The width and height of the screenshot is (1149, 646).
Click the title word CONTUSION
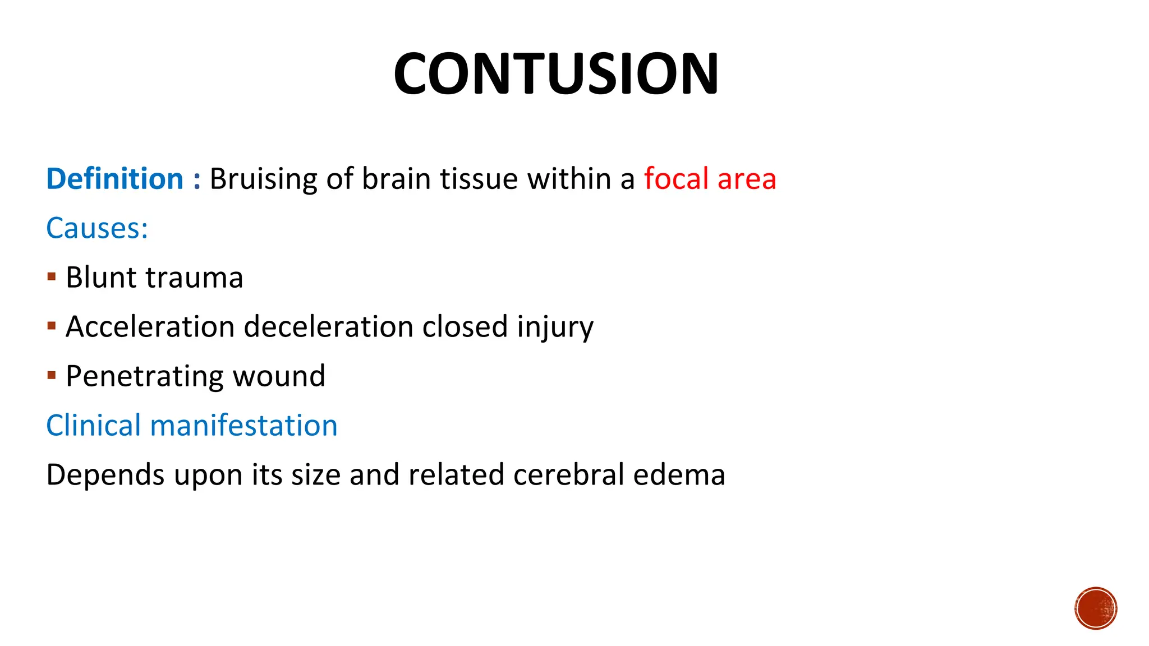click(555, 74)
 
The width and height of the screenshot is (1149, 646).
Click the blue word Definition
click(114, 179)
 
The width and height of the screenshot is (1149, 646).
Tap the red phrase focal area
click(710, 179)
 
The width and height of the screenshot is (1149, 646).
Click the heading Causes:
click(97, 228)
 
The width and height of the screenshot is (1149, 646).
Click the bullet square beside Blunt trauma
click(52, 276)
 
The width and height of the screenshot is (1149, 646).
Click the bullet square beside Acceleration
click(52, 326)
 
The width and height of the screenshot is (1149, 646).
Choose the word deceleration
click(329, 326)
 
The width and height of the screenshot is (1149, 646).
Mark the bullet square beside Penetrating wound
click(52, 375)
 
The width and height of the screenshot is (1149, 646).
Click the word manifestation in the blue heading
click(243, 425)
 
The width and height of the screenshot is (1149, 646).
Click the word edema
click(679, 474)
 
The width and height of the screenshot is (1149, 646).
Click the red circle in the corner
click(1096, 608)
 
